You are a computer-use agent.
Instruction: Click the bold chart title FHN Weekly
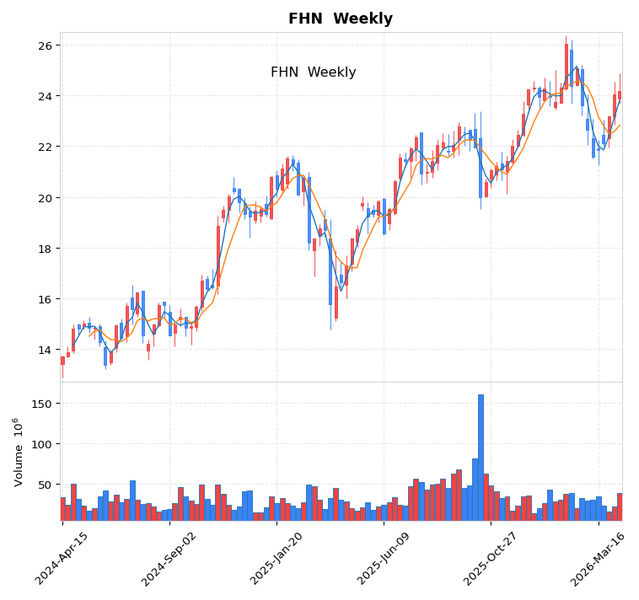click(x=341, y=19)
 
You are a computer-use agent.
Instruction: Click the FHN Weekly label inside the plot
click(x=313, y=72)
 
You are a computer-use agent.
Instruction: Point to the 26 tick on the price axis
click(x=44, y=46)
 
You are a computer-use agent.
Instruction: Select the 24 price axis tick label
click(x=44, y=96)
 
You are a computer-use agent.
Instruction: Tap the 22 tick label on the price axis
click(x=44, y=147)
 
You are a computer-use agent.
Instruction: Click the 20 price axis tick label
click(x=44, y=198)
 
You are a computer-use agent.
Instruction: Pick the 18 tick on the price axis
click(x=44, y=249)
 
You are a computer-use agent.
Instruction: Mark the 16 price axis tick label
click(x=44, y=299)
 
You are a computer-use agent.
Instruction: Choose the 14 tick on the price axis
click(x=44, y=350)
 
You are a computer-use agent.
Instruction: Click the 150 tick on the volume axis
click(x=41, y=404)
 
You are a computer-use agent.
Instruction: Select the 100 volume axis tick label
click(x=41, y=444)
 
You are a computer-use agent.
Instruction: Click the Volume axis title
click(x=17, y=452)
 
